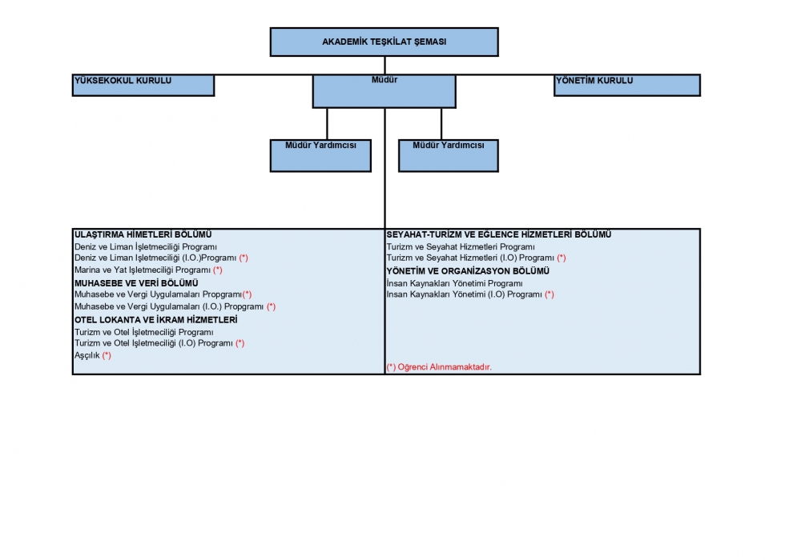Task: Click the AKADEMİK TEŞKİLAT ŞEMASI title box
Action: click(x=384, y=42)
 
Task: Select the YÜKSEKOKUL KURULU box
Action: click(x=143, y=85)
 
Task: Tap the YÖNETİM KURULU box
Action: click(x=627, y=85)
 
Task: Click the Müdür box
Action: click(x=384, y=91)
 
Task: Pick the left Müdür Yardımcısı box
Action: click(x=320, y=155)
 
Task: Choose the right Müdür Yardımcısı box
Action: click(x=448, y=155)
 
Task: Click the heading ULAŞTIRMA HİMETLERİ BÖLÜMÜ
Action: click(x=143, y=235)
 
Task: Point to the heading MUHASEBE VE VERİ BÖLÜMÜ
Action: click(x=136, y=283)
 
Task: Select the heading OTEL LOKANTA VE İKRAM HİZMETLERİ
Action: click(x=155, y=320)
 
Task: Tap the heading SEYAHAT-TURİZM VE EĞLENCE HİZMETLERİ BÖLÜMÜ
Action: click(x=499, y=235)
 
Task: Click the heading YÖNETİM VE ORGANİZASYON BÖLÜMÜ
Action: click(x=468, y=271)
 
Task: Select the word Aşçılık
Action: click(x=87, y=355)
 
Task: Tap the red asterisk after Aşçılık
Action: click(x=107, y=355)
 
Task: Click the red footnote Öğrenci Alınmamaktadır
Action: click(x=439, y=367)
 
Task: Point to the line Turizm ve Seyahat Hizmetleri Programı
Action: click(x=461, y=247)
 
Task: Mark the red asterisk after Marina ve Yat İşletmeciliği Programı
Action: click(x=217, y=270)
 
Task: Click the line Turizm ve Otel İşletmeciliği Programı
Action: click(x=143, y=332)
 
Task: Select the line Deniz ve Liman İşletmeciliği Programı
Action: click(x=146, y=247)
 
